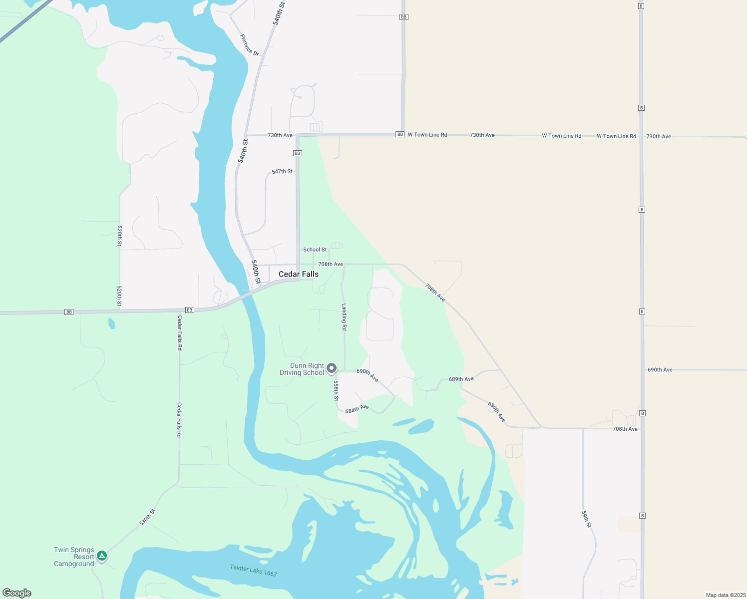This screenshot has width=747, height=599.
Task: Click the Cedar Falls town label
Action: pyautogui.click(x=298, y=274)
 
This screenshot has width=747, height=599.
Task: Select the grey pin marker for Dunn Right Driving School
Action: pyautogui.click(x=332, y=369)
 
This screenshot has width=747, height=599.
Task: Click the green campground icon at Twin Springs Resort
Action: pyautogui.click(x=102, y=556)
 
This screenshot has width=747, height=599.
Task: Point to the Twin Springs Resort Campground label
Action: pyautogui.click(x=74, y=557)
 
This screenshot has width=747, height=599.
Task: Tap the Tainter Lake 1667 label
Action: pyautogui.click(x=254, y=570)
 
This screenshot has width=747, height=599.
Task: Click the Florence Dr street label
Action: pyautogui.click(x=249, y=45)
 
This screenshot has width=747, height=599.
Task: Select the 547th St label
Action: pyautogui.click(x=282, y=171)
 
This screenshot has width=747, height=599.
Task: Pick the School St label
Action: pyautogui.click(x=315, y=250)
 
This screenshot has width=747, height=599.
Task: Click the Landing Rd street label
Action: pyautogui.click(x=344, y=317)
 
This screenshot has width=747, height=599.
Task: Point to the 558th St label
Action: pyautogui.click(x=336, y=391)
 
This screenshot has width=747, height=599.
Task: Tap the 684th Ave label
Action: pyautogui.click(x=357, y=409)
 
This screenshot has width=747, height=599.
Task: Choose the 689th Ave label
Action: pyautogui.click(x=461, y=379)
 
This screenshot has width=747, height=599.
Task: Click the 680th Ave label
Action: pyautogui.click(x=496, y=412)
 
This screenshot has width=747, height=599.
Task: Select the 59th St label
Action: pyautogui.click(x=586, y=519)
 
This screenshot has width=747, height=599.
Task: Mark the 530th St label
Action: pyautogui.click(x=147, y=517)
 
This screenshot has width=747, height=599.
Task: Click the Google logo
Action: pyautogui.click(x=17, y=593)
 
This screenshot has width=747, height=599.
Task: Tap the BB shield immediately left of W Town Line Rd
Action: pyautogui.click(x=399, y=134)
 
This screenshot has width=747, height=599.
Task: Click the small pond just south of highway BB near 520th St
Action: pyautogui.click(x=111, y=323)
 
